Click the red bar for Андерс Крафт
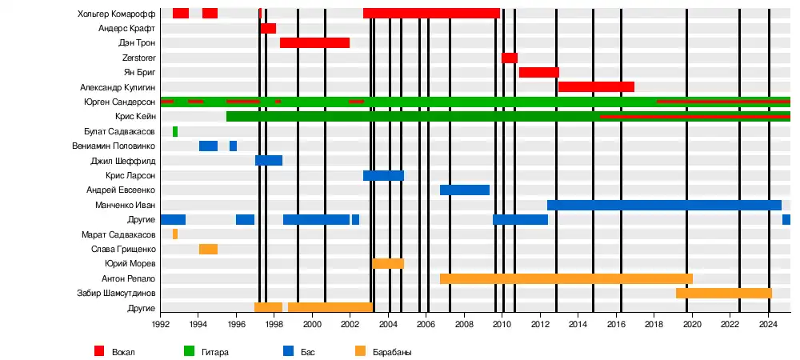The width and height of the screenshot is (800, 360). (x=268, y=28)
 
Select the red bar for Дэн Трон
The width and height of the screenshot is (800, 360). (x=314, y=42)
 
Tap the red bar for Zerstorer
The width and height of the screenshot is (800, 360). (x=510, y=58)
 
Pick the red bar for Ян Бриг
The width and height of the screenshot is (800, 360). (x=538, y=72)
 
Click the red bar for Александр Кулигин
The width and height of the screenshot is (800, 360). (x=596, y=86)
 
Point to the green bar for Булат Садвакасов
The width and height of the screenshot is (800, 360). (x=175, y=131)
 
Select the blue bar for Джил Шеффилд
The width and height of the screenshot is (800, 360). (x=269, y=160)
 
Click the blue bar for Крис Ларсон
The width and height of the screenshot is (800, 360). (x=383, y=175)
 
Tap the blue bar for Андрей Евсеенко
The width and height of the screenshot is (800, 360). (x=465, y=190)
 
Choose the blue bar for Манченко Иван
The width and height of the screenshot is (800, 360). (x=664, y=205)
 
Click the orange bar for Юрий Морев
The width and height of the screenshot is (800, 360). (x=388, y=263)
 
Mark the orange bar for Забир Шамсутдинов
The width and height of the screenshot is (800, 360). (x=724, y=293)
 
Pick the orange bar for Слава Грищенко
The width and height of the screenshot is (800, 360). (x=208, y=249)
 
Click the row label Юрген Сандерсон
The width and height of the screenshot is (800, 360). (x=119, y=102)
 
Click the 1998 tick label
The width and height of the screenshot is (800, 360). (x=274, y=324)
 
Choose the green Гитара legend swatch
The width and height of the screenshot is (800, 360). (x=190, y=350)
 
